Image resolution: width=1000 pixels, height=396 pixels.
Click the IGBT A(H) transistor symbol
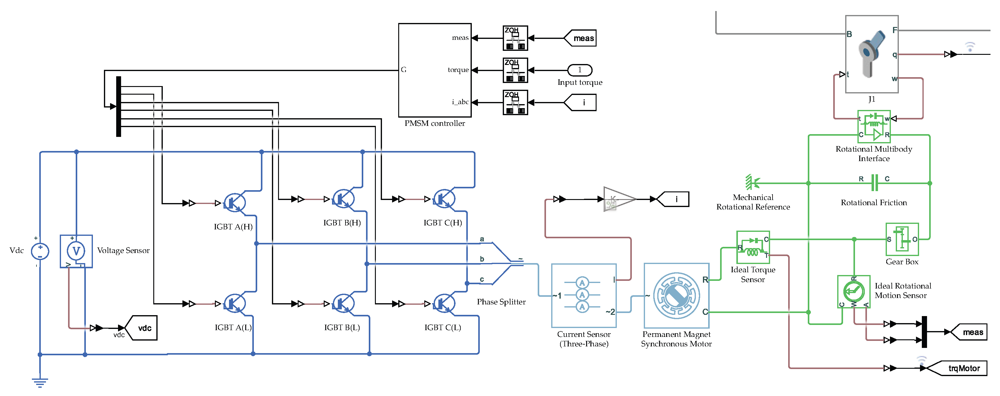[x=235, y=203]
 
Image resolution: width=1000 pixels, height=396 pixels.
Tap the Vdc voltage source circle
[x=40, y=251]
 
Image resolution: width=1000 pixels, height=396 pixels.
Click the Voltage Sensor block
[x=76, y=251]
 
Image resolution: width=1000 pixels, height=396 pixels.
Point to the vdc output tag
[x=142, y=328]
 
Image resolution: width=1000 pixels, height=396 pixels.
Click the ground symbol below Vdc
[x=40, y=383]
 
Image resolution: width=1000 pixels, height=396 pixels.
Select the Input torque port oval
[x=580, y=70]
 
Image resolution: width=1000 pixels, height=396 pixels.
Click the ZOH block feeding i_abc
[x=515, y=102]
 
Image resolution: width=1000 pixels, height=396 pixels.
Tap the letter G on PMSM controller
[x=404, y=70]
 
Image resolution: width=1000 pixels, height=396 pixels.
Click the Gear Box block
[x=902, y=239]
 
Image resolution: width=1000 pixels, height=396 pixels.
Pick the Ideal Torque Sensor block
[x=753, y=247]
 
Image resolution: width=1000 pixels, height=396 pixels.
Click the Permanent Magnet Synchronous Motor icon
[x=676, y=296]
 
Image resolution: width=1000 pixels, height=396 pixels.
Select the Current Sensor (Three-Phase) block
[x=583, y=296]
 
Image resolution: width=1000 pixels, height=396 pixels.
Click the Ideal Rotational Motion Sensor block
[x=854, y=292]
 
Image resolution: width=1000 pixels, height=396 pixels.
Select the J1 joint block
[x=872, y=54]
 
